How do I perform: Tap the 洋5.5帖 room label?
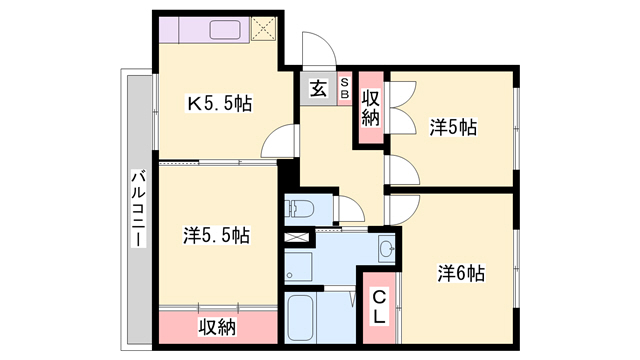[x=216, y=236]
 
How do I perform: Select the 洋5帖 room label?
[x=453, y=127]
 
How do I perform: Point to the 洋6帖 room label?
[x=461, y=273]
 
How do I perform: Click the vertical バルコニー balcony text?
[x=137, y=211]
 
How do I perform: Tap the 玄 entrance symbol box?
[x=317, y=89]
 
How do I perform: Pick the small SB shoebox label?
[x=344, y=88]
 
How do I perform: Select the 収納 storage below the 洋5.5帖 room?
[x=216, y=326]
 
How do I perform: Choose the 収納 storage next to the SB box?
[x=370, y=107]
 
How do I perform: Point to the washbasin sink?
[x=385, y=248]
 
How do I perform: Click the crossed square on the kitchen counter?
[x=265, y=27]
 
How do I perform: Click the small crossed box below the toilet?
[x=298, y=240]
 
